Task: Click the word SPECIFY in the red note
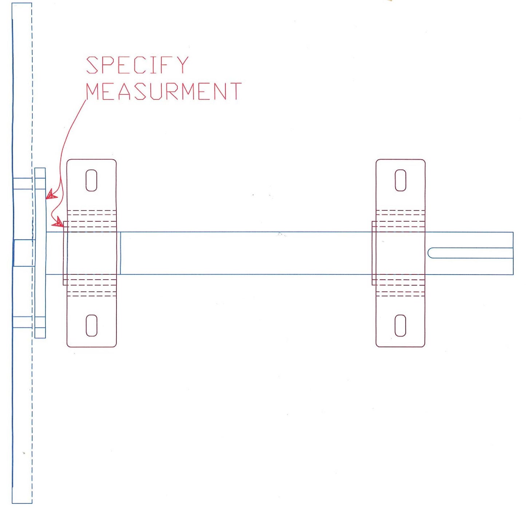coord(137,65)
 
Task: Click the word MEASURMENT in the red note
coord(163,91)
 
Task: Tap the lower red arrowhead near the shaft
coord(58,222)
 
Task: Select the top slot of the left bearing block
coord(91,180)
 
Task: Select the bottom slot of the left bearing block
coord(91,325)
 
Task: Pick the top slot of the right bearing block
coord(400,180)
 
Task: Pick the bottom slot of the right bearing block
coord(400,325)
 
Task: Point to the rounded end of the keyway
coord(430,253)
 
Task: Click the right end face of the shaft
coord(513,253)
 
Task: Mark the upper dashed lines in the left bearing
coord(91,219)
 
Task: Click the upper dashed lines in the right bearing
coord(400,219)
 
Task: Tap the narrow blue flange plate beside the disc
coord(40,253)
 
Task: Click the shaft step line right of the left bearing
coord(120,253)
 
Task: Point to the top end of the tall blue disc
coord(22,5)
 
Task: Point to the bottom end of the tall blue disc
coord(22,502)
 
